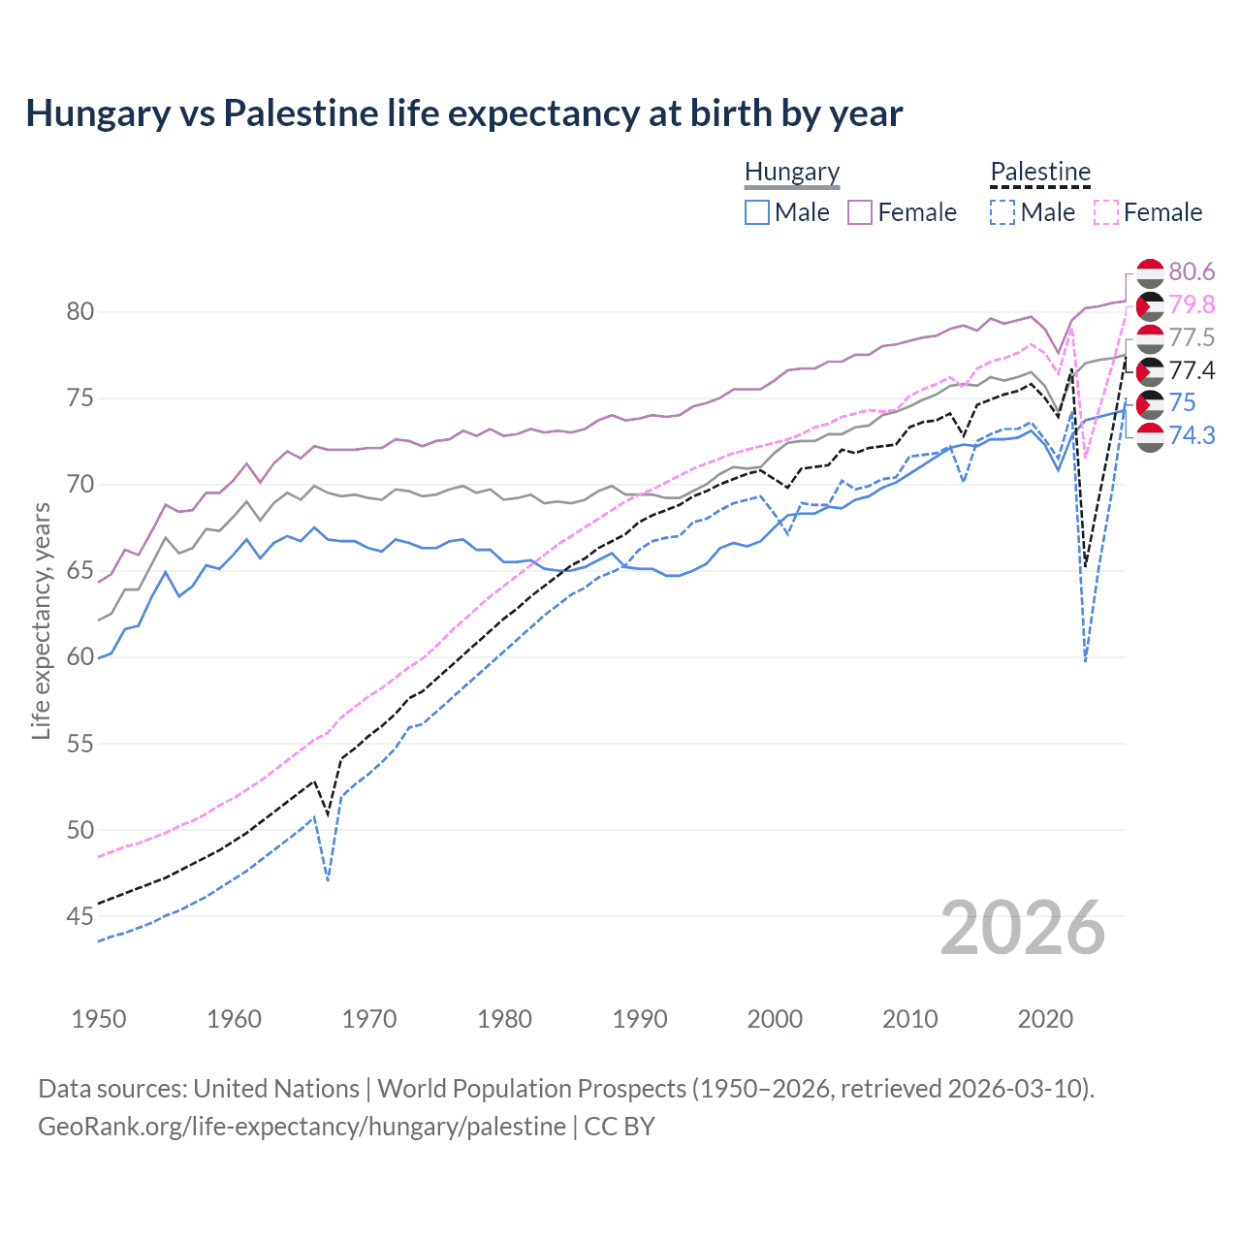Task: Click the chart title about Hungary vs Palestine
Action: point(463,113)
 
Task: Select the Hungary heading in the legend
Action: point(791,172)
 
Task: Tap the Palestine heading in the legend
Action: point(1039,172)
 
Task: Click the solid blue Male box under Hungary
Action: point(757,212)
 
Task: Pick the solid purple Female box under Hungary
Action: point(860,212)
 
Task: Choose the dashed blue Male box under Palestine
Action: point(1002,212)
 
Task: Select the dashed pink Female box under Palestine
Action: point(1106,212)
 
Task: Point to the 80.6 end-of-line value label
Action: point(1192,272)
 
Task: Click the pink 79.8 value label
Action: point(1192,305)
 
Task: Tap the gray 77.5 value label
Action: point(1192,338)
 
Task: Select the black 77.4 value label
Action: point(1192,371)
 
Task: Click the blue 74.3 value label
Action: point(1192,436)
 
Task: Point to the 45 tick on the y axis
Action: point(80,916)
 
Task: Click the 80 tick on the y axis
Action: point(80,311)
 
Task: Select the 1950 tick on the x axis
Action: point(99,1019)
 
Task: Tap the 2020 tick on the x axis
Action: point(1045,1019)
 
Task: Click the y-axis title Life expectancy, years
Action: point(41,621)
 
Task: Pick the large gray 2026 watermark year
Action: point(1022,928)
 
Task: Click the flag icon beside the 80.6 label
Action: point(1149,272)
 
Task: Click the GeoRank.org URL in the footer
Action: point(302,1127)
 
